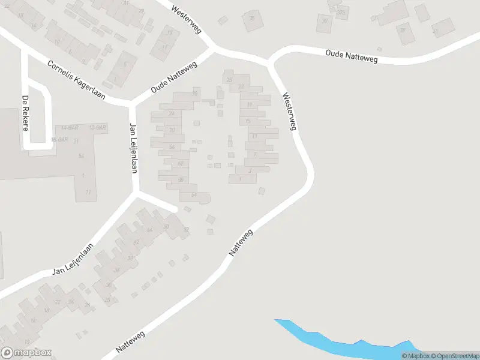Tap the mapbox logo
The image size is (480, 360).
(26, 353)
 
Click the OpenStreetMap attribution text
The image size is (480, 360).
(455, 356)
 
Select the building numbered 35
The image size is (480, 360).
(252, 19)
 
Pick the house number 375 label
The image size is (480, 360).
(342, 12)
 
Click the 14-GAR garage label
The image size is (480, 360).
(70, 128)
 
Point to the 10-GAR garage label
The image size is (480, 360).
(97, 128)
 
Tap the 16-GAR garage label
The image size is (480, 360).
(58, 139)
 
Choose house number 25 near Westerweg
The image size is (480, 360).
(229, 79)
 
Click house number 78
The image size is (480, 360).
(194, 94)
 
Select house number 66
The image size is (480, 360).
(172, 147)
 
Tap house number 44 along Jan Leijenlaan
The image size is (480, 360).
(149, 230)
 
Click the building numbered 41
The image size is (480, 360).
(435, 31)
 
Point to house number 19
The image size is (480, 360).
(248, 104)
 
